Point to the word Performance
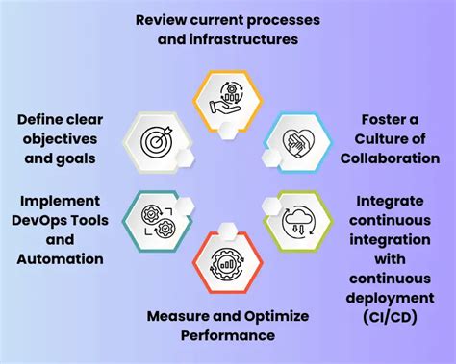point(228,335)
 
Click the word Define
point(39,119)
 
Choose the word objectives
point(56,139)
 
